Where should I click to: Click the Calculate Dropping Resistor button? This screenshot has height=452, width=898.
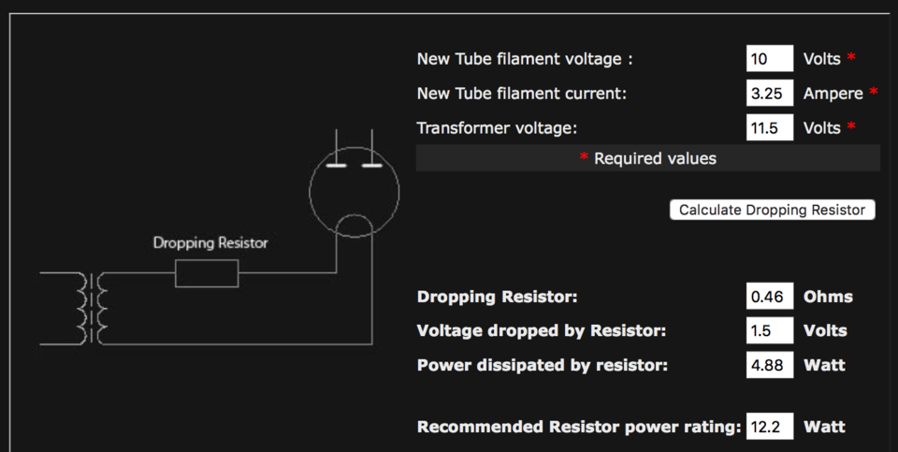(x=772, y=210)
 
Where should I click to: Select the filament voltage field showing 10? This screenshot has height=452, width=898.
(x=770, y=58)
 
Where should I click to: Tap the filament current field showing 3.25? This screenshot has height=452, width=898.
(x=770, y=93)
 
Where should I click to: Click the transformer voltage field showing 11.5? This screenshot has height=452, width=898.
(x=770, y=127)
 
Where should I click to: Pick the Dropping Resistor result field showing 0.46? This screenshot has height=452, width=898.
(x=770, y=296)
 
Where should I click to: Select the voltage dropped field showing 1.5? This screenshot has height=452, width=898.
(x=770, y=330)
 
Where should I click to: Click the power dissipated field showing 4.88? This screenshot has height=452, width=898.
(x=770, y=365)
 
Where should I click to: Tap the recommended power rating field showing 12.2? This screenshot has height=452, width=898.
(x=770, y=426)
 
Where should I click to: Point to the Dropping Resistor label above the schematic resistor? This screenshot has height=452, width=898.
(x=210, y=243)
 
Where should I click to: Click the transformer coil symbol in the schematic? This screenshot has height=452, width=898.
(x=92, y=308)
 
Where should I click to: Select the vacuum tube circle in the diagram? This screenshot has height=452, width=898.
(x=310, y=192)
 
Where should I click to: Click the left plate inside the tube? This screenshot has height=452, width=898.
(x=336, y=167)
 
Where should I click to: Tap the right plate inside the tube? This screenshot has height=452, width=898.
(x=372, y=167)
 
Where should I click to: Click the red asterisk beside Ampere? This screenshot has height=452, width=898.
(x=874, y=91)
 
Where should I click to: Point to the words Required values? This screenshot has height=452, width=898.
(x=655, y=159)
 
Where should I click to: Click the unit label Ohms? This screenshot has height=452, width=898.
(x=828, y=297)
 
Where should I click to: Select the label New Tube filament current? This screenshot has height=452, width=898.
(x=522, y=94)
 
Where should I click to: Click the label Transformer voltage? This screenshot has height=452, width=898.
(x=497, y=128)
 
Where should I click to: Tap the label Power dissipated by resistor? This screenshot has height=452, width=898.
(x=543, y=366)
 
